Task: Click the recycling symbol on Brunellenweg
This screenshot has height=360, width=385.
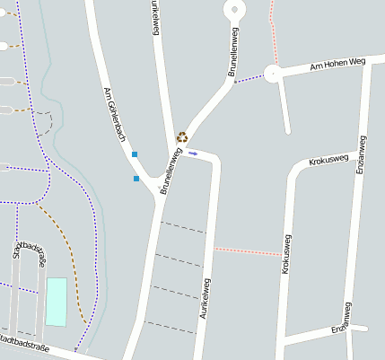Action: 182,137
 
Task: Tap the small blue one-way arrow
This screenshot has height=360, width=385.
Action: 193,154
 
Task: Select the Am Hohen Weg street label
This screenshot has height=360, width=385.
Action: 337,65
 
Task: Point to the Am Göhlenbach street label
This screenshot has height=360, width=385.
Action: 115,119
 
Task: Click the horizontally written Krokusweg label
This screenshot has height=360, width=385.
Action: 328,161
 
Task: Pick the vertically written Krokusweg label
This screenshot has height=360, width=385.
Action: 288,255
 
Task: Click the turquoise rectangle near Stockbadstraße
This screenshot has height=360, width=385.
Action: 57,302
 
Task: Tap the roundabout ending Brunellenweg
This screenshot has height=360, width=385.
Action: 234,10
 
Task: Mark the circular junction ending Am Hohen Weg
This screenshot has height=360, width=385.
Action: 272,74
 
